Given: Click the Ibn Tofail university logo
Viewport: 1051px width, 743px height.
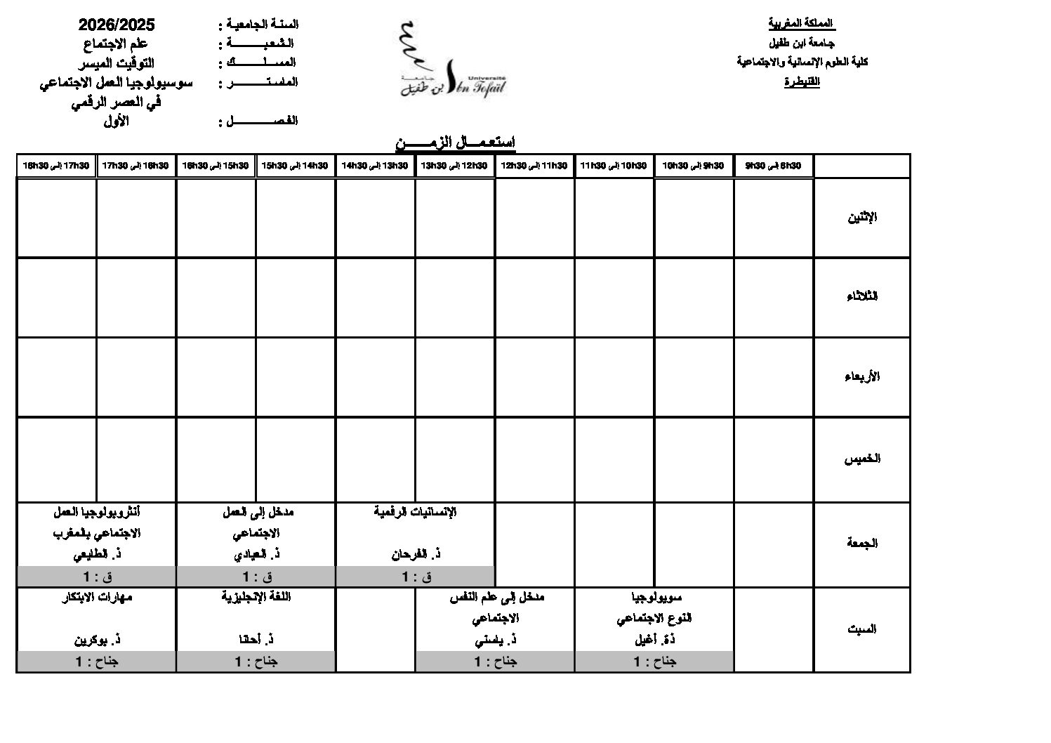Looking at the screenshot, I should [451, 62].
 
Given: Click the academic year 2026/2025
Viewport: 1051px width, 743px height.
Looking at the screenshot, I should [117, 25].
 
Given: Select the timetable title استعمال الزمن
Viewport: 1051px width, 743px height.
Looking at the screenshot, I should [456, 143].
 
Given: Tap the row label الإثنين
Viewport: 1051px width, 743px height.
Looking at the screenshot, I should [862, 217].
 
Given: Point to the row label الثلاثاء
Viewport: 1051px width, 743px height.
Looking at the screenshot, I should [862, 296].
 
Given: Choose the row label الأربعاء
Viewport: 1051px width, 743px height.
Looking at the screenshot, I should [862, 376].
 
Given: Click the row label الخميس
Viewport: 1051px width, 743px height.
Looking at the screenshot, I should [862, 459].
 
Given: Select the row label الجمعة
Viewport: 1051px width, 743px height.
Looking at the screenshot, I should [862, 543].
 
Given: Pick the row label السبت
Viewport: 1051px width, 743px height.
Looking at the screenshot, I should [862, 629].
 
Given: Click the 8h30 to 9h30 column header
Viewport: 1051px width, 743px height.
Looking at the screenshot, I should [773, 166].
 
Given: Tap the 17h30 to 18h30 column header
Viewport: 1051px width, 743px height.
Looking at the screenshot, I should [56, 166].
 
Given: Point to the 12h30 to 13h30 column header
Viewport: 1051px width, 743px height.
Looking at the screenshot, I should [454, 166].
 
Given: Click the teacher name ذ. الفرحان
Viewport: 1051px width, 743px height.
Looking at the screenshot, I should [416, 554].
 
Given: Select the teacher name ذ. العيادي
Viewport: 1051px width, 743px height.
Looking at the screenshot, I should [257, 554].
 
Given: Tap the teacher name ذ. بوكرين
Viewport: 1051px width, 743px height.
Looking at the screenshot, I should [98, 640].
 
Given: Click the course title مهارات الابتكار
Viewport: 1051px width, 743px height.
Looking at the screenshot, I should [98, 597].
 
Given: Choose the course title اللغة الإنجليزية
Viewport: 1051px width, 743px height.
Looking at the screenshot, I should [256, 597].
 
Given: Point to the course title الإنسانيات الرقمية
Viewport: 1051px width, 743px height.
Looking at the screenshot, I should [416, 512].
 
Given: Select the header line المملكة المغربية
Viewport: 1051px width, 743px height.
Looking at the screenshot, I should [802, 24].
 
